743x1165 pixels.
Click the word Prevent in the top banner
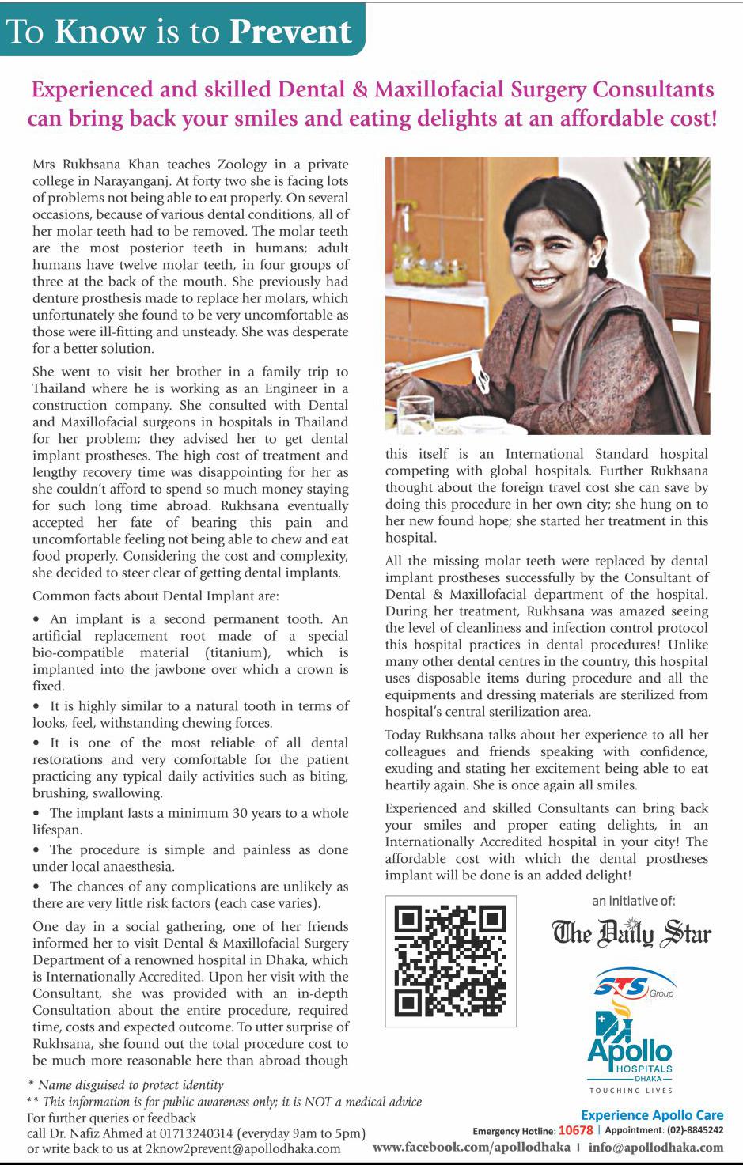[x=290, y=31]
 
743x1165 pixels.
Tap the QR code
[x=450, y=961]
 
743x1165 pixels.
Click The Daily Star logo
[x=631, y=933]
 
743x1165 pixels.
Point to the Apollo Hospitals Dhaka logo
[x=630, y=1049]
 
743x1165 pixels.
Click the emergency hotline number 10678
[x=575, y=1130]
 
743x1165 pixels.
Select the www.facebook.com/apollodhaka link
[x=471, y=1147]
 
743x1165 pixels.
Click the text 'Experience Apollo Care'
[x=652, y=1115]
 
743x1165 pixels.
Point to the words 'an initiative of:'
[x=633, y=900]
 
